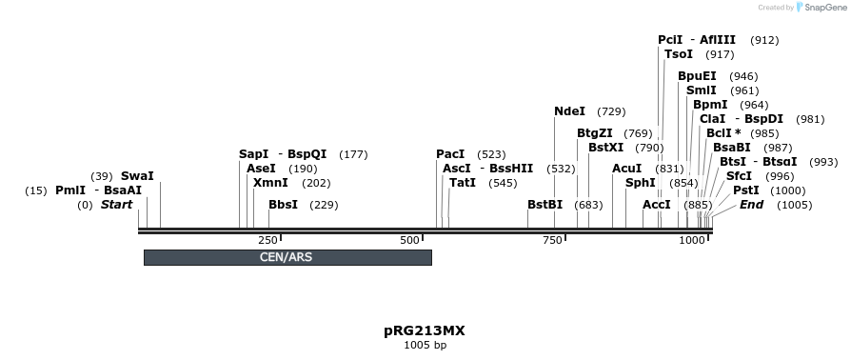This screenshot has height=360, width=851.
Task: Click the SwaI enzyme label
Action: pos(137,176)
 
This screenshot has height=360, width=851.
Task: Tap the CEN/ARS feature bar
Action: pos(287,257)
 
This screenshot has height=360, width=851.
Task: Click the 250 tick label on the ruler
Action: pos(267,241)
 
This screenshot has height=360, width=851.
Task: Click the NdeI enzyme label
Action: pos(569,111)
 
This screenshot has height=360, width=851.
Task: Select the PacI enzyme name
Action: pos(450,154)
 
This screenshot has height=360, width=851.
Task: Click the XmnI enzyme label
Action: pos(270,183)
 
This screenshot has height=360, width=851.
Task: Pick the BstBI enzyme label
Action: pos(545,205)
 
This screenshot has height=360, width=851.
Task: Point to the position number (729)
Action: pos(611,111)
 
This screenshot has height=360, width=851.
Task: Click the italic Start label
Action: pos(116,205)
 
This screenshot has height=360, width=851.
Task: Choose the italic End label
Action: pos(752,205)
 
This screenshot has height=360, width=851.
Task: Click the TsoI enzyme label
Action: pos(679,54)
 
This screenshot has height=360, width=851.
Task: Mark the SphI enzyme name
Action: pos(641,183)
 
